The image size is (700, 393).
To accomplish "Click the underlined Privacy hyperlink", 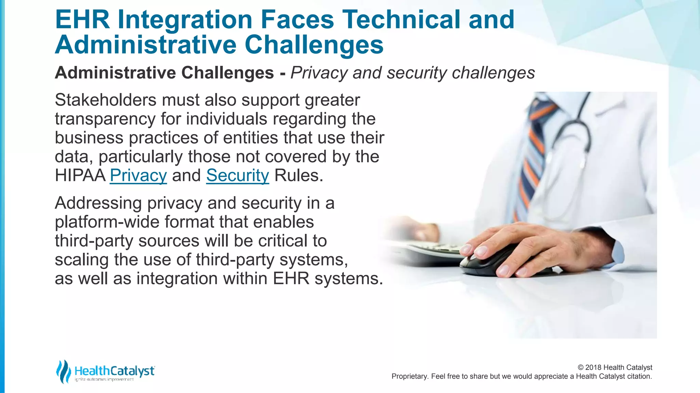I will click(x=138, y=176).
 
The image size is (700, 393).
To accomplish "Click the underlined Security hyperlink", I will click(x=238, y=176).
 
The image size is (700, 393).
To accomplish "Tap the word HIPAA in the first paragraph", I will click(x=80, y=176).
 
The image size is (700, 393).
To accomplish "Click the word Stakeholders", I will click(x=106, y=100).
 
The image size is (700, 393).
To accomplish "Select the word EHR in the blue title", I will click(x=82, y=19).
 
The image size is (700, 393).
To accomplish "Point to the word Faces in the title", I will click(x=297, y=19).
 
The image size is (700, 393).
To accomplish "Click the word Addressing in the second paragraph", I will click(x=98, y=203).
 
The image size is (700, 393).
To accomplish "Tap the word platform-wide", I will click(x=107, y=222).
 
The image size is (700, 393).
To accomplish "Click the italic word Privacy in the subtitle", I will click(x=319, y=73).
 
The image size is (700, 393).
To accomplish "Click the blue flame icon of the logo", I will click(x=63, y=372).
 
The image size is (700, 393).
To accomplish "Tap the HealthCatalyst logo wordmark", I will click(x=115, y=371).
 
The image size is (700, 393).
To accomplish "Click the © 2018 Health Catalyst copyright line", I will click(x=615, y=367).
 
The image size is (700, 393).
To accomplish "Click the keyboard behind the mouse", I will click(x=434, y=251).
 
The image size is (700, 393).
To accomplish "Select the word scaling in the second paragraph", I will click(x=82, y=260).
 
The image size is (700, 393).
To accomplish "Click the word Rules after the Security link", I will click(x=298, y=176).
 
